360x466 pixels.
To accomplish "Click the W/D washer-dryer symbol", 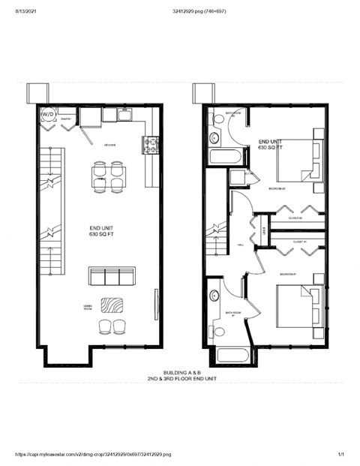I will (47, 114).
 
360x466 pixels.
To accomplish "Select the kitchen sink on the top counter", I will (124, 114).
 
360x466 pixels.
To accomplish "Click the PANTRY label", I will (66, 119).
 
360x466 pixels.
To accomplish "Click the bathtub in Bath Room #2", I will (226, 158).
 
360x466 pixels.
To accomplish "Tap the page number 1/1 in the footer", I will (341, 455).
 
